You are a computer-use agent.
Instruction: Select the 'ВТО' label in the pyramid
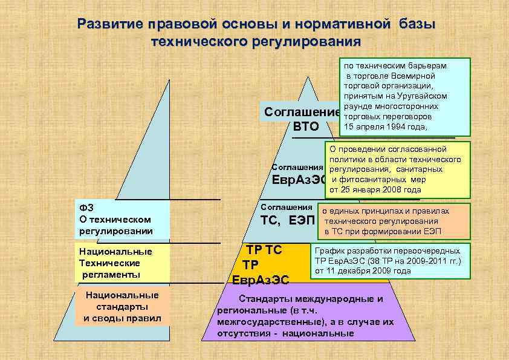click(x=305, y=126)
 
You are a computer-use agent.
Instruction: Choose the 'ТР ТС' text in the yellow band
click(x=264, y=250)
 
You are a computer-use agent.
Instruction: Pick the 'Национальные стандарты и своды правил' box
click(x=123, y=307)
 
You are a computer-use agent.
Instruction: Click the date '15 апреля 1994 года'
click(x=384, y=126)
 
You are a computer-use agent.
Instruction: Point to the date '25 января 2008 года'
click(x=381, y=190)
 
